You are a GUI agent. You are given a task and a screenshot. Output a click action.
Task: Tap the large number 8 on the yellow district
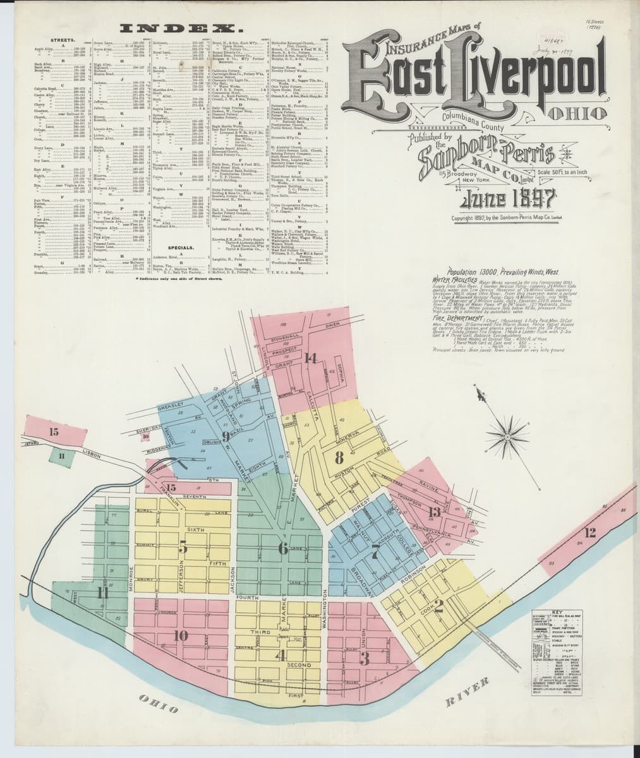[x=339, y=456]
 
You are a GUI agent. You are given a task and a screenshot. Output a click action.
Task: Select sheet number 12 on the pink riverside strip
[x=589, y=532]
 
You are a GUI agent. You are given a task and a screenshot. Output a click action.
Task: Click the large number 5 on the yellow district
[x=183, y=547]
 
